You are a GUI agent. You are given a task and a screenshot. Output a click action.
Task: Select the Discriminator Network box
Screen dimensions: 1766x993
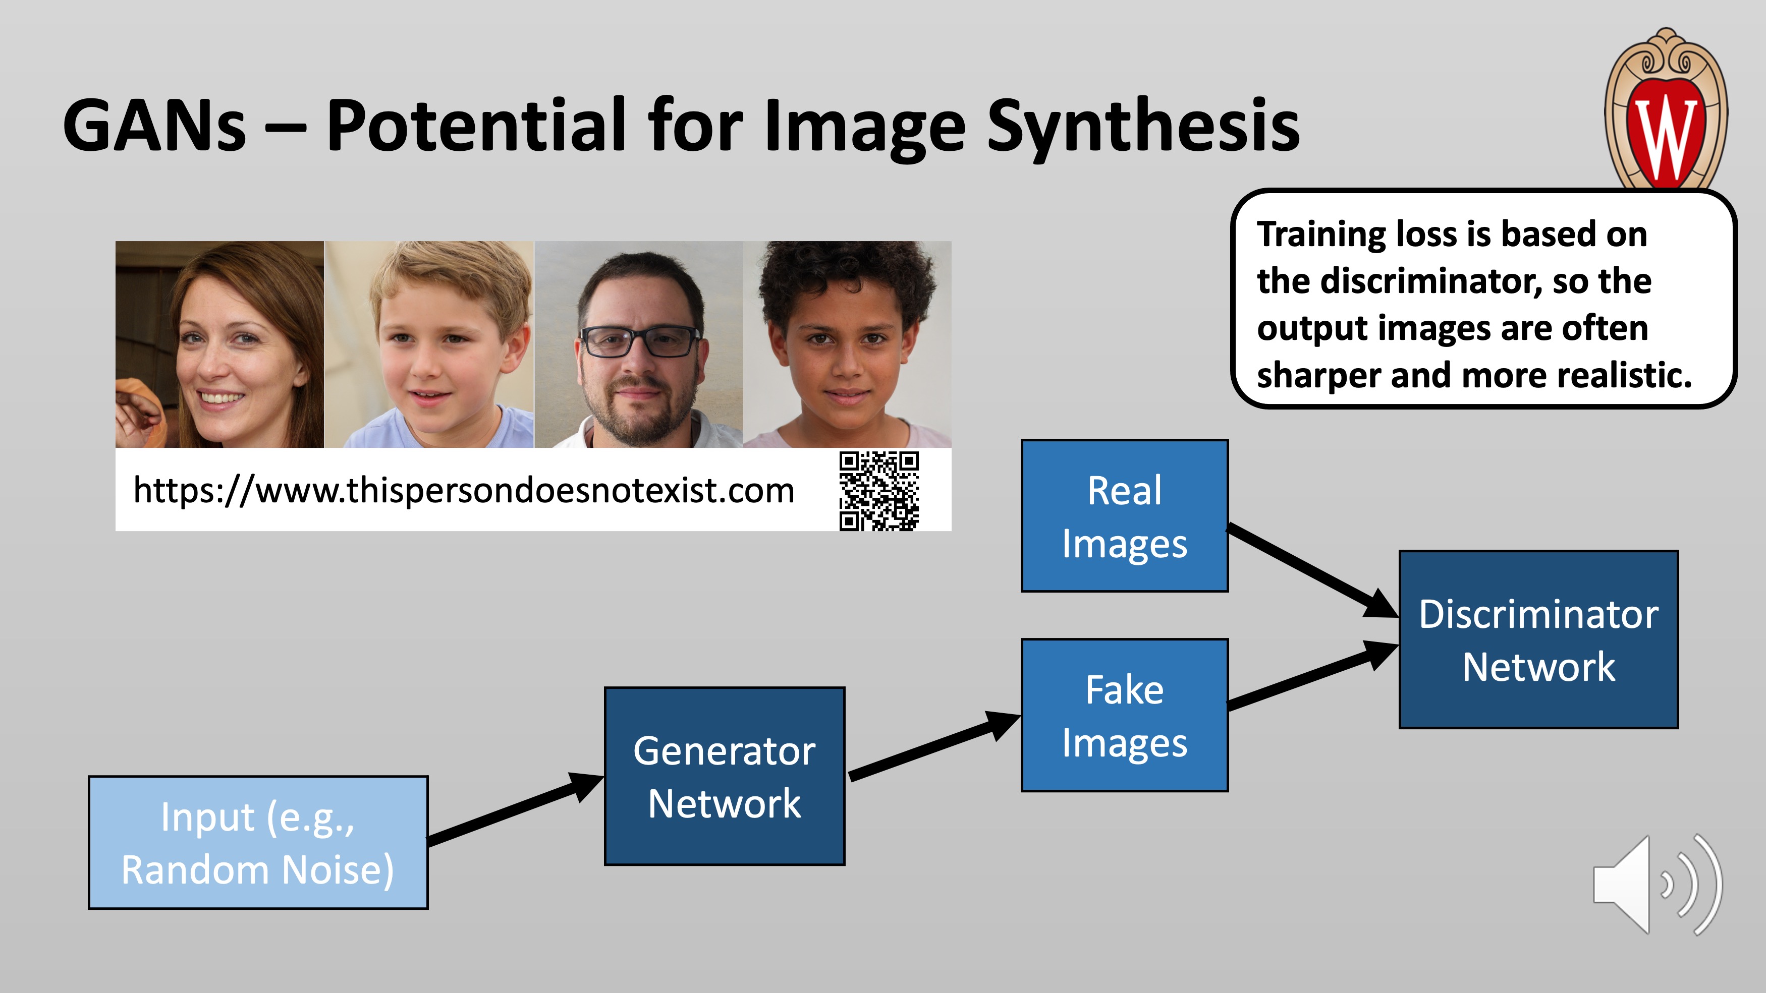1538,639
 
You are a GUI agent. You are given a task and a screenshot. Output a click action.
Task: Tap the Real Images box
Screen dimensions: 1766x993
1124,516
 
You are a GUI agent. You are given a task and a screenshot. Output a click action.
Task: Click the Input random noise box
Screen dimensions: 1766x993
258,843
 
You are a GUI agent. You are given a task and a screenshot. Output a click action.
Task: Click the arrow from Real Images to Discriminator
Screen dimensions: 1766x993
1313,571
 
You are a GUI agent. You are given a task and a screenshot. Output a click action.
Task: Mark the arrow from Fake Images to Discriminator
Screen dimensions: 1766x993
1313,674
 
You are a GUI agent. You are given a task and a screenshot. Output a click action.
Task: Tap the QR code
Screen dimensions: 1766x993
879,491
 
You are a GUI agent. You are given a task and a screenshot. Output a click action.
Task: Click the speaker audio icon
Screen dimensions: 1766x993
1658,885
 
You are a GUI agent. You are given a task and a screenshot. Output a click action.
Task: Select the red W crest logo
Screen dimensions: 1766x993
1666,109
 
